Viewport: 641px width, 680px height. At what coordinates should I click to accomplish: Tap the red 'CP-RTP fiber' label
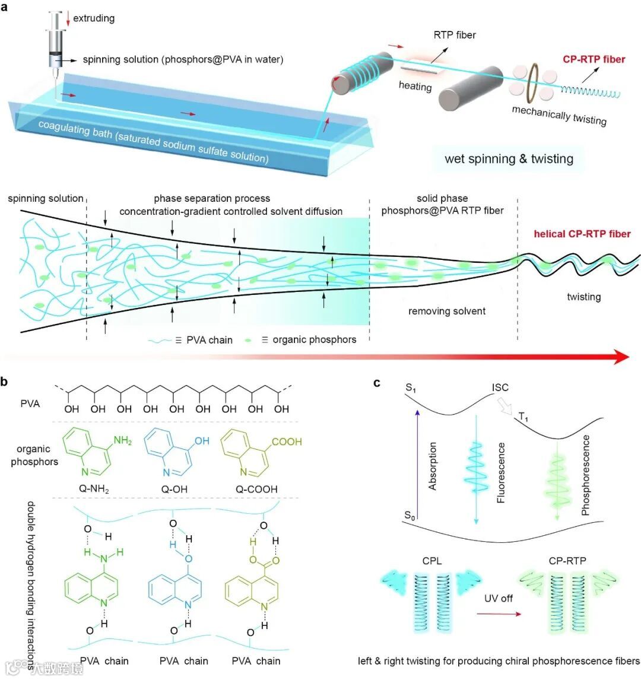click(x=594, y=59)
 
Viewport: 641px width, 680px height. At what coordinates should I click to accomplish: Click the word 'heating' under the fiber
click(x=415, y=87)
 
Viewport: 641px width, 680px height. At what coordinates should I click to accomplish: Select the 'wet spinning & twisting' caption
click(x=509, y=158)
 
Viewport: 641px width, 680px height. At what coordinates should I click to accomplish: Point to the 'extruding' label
click(x=94, y=18)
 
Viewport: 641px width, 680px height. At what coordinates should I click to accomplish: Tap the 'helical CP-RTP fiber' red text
click(x=582, y=234)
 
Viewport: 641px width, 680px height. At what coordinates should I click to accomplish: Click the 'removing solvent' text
click(x=447, y=311)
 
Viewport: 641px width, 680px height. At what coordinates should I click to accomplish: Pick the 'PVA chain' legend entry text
click(x=210, y=340)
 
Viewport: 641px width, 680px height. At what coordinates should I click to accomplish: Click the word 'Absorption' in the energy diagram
click(x=433, y=466)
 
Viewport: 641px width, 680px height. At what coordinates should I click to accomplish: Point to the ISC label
click(x=500, y=387)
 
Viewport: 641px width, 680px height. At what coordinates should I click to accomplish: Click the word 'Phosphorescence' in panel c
click(x=586, y=475)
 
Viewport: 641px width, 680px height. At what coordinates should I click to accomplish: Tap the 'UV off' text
click(x=499, y=598)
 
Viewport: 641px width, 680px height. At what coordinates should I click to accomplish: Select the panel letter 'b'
click(x=5, y=383)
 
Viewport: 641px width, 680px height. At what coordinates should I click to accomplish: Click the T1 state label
click(x=523, y=418)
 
